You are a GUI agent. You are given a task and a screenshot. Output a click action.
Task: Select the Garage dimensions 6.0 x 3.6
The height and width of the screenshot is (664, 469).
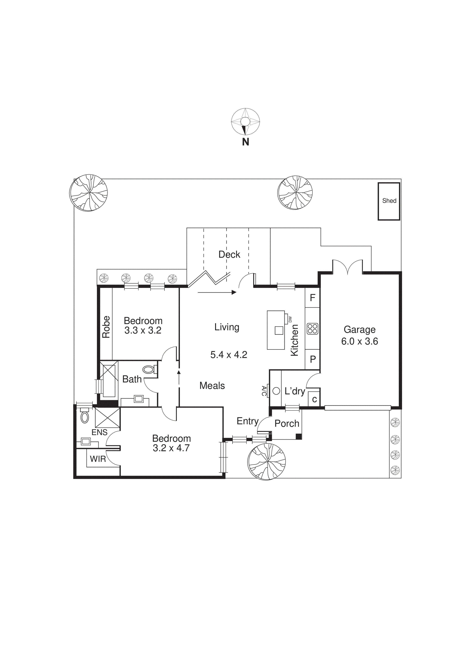pyautogui.click(x=359, y=341)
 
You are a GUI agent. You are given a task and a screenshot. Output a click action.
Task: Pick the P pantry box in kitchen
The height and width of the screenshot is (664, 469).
pyautogui.click(x=313, y=359)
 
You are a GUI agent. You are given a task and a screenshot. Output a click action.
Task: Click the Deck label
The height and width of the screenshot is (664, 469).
pyautogui.click(x=229, y=254)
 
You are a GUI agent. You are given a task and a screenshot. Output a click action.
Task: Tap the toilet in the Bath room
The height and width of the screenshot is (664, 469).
pyautogui.click(x=149, y=369)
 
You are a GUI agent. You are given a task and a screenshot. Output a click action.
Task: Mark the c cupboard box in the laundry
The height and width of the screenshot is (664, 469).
pyautogui.click(x=314, y=399)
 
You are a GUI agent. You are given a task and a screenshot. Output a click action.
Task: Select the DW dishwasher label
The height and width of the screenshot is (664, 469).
pyautogui.click(x=290, y=319)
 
